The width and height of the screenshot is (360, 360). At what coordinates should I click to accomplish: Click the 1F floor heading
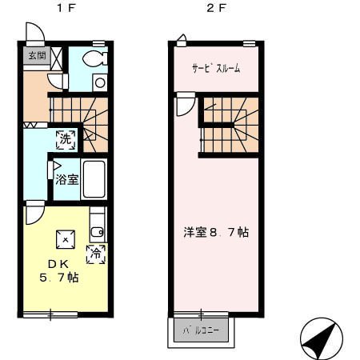[x=66, y=8]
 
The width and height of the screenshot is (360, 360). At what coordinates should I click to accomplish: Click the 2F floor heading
[x=216, y=8]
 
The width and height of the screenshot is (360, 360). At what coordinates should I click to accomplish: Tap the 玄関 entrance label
[x=37, y=56]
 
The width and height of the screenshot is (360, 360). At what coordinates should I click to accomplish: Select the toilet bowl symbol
[x=94, y=58]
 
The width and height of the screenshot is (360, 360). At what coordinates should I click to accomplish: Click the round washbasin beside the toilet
[x=100, y=82]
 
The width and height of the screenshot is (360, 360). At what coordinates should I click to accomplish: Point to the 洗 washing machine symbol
[x=66, y=139]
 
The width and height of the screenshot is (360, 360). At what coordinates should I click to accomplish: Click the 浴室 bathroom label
[x=67, y=179]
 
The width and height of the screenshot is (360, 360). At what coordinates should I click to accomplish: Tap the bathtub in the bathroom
[x=94, y=179]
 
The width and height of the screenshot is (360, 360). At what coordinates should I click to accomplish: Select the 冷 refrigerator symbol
[x=96, y=254]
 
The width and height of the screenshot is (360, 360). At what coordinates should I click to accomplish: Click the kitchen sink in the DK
[x=98, y=232]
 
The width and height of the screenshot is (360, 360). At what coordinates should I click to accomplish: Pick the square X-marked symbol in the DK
[x=66, y=239]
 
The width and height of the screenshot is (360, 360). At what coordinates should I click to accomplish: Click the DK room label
[x=58, y=264]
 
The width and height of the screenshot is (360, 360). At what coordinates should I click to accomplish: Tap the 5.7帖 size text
[x=59, y=278]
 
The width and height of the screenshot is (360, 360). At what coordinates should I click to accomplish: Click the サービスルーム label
[x=216, y=68]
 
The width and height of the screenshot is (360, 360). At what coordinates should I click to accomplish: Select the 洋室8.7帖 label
[x=216, y=232]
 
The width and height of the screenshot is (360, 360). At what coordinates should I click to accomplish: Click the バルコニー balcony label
[x=201, y=330]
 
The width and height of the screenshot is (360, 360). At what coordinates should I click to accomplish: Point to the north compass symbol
[x=322, y=338]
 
